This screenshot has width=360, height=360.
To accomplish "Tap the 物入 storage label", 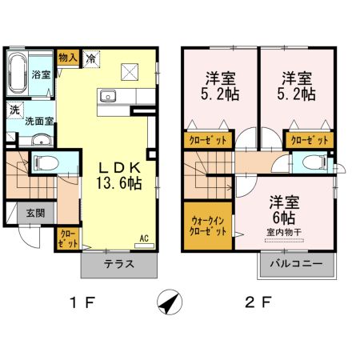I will click(68, 57).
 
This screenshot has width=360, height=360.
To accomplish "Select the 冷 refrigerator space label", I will click(92, 58).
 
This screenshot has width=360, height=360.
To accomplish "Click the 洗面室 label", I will click(38, 122).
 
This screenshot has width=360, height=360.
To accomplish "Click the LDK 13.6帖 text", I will click(120, 175).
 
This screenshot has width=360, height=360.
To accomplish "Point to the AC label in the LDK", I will click(145, 238).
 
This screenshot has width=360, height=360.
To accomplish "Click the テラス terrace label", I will click(118, 265).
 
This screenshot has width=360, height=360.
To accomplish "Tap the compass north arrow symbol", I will click(169, 302).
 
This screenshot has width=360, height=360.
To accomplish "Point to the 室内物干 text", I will click(282, 233).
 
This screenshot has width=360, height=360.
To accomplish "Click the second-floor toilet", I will click(315, 164).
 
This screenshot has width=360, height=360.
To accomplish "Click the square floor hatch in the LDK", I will click(130, 72).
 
